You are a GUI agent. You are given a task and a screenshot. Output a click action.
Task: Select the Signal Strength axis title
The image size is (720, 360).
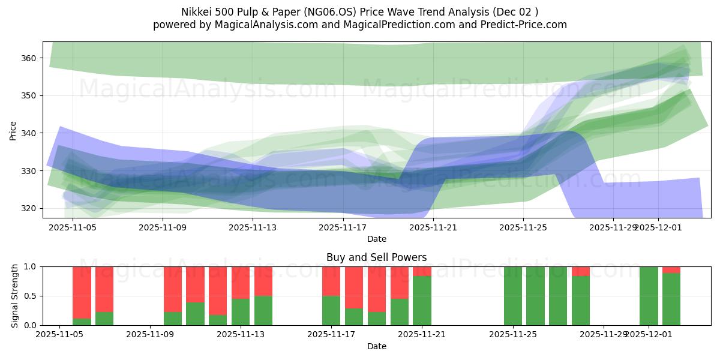point(15,296)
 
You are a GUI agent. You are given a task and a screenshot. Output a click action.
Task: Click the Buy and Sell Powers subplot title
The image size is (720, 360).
point(376,257)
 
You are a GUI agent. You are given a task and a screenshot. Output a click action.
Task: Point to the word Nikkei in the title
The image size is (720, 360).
point(196,12)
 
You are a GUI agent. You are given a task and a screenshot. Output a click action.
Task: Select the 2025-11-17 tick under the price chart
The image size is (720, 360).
point(343,227)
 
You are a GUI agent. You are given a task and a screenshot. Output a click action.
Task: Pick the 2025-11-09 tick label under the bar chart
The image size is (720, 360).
point(150,335)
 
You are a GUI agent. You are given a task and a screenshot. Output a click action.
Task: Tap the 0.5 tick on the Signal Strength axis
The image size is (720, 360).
point(30,296)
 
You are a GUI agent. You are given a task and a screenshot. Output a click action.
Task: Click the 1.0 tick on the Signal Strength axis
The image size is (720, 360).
point(30,266)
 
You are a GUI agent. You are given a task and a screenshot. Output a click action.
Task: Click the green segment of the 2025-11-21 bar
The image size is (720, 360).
point(422,301)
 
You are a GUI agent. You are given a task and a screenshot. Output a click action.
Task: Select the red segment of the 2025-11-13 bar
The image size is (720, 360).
point(241,282)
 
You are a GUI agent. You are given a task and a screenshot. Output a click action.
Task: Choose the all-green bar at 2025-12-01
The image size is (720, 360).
point(649,296)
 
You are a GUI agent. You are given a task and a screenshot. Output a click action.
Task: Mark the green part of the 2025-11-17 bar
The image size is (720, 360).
point(331,311)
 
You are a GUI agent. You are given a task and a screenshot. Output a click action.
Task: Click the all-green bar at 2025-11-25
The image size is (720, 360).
point(513,296)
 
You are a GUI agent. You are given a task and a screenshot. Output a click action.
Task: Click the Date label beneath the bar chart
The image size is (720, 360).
point(376,346)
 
